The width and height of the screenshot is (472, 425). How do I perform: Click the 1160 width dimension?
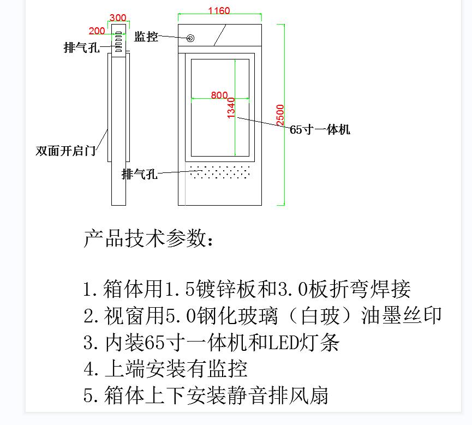219,11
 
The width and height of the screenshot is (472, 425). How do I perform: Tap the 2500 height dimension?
280,115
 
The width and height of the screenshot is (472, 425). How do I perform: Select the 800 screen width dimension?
219,95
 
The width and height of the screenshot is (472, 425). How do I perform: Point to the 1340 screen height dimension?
231,107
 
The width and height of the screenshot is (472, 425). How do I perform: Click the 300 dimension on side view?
118,18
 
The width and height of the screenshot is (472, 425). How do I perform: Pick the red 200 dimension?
97,31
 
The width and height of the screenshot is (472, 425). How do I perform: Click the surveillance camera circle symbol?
190,38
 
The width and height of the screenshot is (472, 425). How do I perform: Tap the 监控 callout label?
146,37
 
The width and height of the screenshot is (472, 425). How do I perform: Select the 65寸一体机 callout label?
320,130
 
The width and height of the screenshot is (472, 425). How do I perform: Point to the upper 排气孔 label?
81,48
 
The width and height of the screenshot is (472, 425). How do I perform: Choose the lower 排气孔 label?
140,174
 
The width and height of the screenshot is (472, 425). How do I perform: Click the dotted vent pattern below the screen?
220,173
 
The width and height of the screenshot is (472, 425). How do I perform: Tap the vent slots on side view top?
118,41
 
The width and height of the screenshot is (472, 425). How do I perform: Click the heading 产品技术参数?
147,238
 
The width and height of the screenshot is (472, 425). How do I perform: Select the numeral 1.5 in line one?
180,289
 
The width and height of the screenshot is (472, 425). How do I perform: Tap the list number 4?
90,369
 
